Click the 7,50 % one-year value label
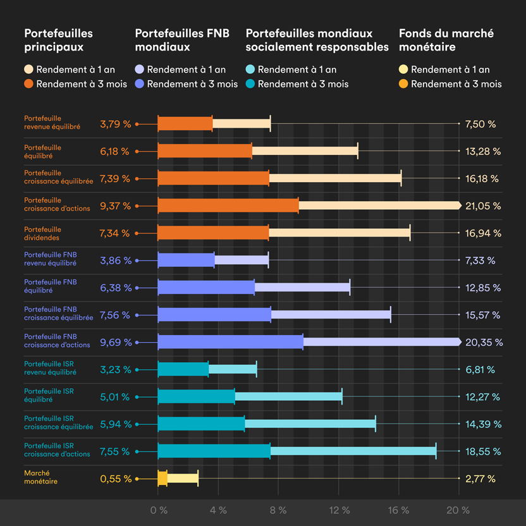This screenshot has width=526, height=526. coord(479,124)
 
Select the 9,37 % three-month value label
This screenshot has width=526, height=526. coord(114,205)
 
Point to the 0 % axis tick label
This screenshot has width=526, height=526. coord(159,510)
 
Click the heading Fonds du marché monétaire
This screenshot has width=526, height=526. coord(446,40)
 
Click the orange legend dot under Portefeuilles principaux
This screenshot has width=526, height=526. coord(28,83)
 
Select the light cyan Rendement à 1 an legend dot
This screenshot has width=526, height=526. coord(250,70)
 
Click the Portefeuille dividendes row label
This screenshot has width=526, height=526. coord(43,233)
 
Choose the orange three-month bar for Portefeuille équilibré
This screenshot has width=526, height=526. coord(204,151)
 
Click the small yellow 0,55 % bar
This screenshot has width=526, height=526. coord(162,479)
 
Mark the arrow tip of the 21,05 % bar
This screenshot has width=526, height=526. coord(459,205)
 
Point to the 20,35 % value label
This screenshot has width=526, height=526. coord(484,342)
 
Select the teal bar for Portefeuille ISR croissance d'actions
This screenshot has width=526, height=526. coord(214,451)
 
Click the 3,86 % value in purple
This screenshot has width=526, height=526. coord(115,260)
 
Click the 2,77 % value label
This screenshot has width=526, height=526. coord(480,479)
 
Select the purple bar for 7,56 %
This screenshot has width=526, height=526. coord(214,315)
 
